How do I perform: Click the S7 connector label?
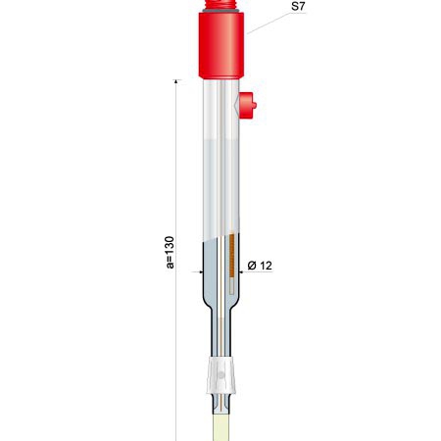click(x=298, y=6)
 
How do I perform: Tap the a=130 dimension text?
click(x=170, y=252)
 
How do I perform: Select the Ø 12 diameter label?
click(x=260, y=266)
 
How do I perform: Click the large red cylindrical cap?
click(x=221, y=46)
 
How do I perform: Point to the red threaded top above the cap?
click(x=221, y=4)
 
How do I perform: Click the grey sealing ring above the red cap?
click(x=221, y=11)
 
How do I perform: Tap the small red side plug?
click(x=247, y=105)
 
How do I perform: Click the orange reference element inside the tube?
click(x=231, y=255)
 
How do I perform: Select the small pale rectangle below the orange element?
click(x=231, y=285)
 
